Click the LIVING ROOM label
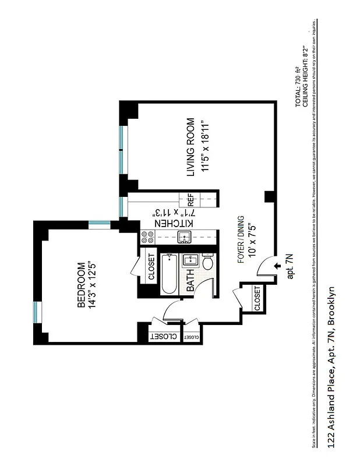pyautogui.click(x=190, y=147)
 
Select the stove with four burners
pyautogui.click(x=147, y=237)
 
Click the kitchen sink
pyautogui.click(x=185, y=236)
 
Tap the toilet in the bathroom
pyautogui.click(x=207, y=263)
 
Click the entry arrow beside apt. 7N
pyautogui.click(x=277, y=265)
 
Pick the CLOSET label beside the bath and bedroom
pyautogui.click(x=151, y=267)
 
